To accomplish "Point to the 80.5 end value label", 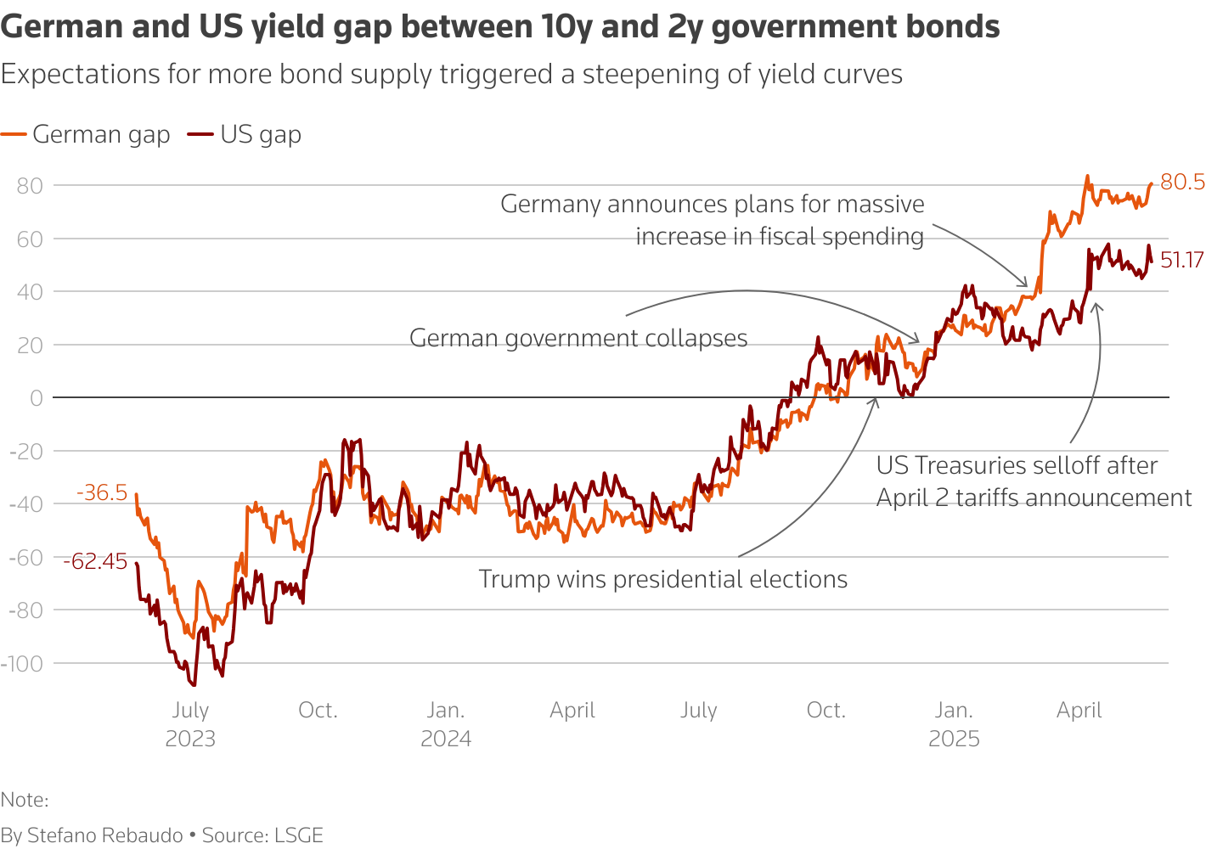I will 1182,183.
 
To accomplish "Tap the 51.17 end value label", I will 1181,261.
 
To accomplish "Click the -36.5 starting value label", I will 102,493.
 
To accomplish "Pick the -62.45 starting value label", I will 95,561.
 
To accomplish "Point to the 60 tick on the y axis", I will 30,239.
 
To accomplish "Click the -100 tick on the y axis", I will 23,663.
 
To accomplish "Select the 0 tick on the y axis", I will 37,398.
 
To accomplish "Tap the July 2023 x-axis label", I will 190,724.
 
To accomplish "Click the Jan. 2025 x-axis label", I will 954,724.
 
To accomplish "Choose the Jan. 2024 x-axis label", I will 446,724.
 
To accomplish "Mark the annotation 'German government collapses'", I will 578,338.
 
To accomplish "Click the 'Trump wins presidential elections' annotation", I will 662,579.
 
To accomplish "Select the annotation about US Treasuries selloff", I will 1034,481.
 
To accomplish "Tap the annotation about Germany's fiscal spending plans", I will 712,220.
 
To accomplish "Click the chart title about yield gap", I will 500,27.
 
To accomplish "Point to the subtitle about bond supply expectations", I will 451,75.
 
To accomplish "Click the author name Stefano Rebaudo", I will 105,835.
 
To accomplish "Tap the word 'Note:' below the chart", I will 25,800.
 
